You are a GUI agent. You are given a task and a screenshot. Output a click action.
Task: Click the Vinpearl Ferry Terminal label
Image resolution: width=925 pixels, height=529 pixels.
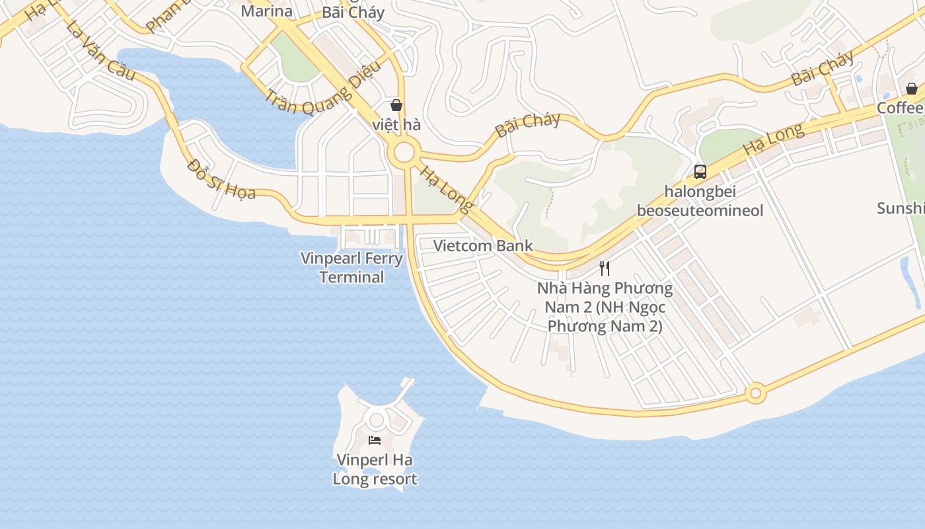(x=351, y=267)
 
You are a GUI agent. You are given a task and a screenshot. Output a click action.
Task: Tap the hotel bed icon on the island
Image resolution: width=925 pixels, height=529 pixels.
(x=375, y=440)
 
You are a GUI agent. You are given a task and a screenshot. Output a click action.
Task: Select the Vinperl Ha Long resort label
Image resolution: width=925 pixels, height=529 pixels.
(x=375, y=469)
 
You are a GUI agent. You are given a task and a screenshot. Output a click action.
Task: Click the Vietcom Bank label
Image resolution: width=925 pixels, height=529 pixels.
(x=483, y=246)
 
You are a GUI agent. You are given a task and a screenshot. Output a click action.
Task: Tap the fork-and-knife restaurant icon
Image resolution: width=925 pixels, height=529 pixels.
(x=605, y=268)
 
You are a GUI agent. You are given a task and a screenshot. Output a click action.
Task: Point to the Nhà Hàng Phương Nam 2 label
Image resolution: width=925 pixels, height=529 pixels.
(x=605, y=307)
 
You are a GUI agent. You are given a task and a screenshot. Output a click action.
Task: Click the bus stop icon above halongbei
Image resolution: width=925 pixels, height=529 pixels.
(x=700, y=172)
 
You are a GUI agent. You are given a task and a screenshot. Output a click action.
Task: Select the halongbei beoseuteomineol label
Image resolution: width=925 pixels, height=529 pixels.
(x=700, y=201)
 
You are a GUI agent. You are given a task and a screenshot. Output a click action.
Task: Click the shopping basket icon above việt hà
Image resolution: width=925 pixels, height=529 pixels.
(x=396, y=105)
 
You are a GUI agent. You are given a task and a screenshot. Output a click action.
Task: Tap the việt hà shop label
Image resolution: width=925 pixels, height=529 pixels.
(x=396, y=124)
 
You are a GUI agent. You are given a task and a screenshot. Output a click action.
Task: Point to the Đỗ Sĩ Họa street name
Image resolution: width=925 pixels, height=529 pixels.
(x=221, y=178)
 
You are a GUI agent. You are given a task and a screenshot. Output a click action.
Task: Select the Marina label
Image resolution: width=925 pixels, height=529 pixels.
(x=266, y=11)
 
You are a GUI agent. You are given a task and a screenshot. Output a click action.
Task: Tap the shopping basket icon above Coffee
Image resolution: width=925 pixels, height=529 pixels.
(x=912, y=89)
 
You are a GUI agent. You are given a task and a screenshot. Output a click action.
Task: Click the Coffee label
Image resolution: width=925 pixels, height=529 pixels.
(x=900, y=108)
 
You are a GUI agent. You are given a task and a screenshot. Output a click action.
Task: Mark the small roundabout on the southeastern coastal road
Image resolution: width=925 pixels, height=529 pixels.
(x=756, y=393)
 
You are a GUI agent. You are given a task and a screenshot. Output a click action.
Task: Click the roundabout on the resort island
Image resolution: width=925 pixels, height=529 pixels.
(x=377, y=419)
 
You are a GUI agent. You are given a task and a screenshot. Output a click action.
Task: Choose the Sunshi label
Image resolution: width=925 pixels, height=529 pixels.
(x=900, y=208)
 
